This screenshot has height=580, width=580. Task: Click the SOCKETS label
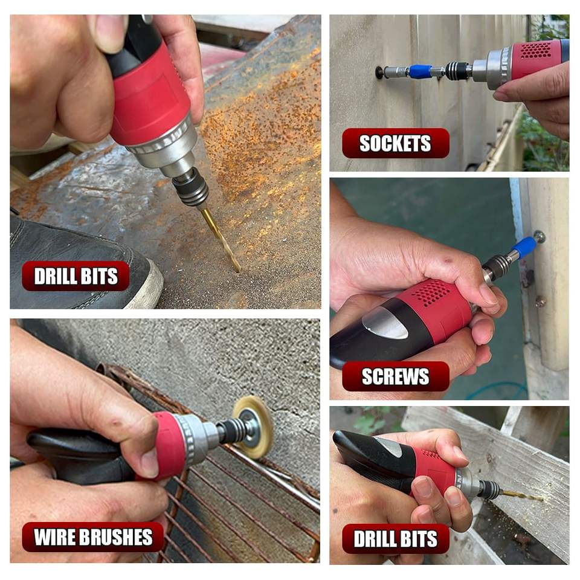[395, 143]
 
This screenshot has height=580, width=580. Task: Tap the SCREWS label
[395, 376]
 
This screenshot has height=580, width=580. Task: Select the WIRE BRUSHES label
[93, 536]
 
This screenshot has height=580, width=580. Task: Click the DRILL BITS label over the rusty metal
[76, 276]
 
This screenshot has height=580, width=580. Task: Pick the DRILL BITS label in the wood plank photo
[395, 538]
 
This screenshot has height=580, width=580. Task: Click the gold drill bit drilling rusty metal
[221, 240]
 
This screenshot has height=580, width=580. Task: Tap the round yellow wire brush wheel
[253, 427]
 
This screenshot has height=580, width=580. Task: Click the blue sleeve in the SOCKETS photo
[421, 71]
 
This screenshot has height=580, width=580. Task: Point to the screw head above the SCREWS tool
[540, 236]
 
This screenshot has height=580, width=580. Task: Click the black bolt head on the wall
[379, 72]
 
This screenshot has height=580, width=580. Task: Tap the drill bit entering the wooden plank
[521, 495]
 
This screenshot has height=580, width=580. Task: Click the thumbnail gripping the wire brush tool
[150, 462]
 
